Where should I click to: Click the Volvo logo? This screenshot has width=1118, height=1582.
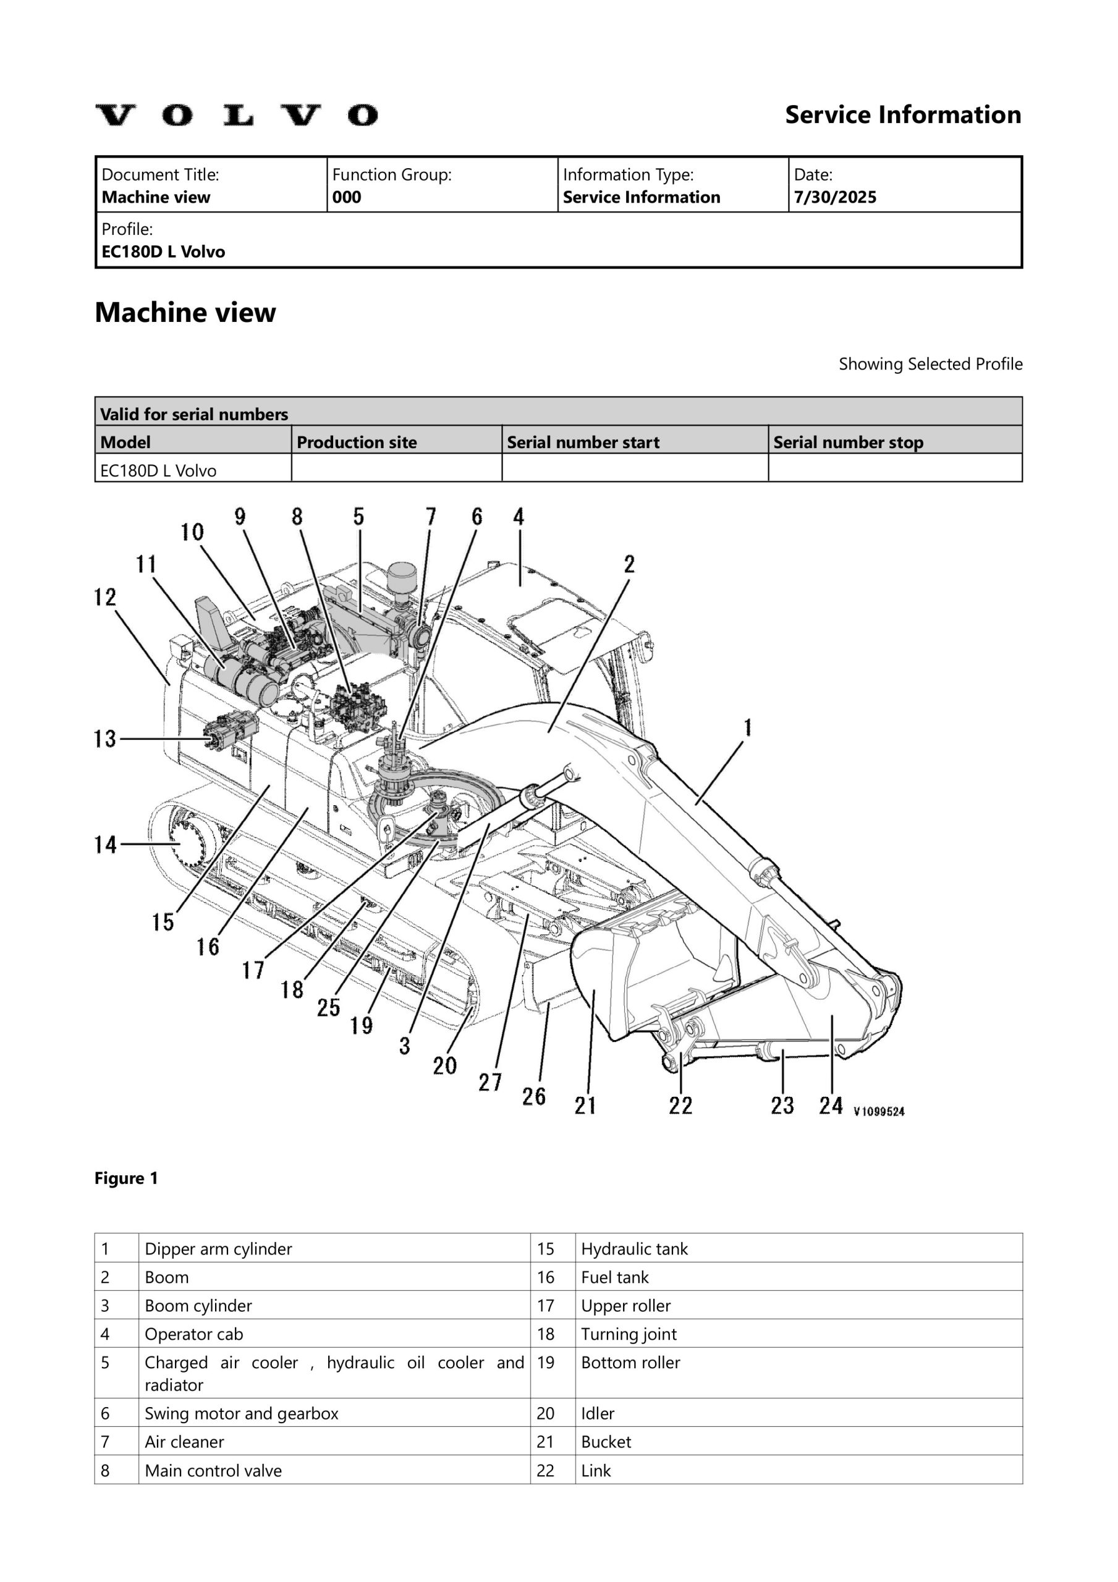pos(237,115)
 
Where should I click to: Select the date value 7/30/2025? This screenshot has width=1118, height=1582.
pos(835,198)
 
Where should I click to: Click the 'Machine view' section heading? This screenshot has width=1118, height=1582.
pos(185,313)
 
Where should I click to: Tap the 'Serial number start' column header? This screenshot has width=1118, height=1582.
pos(583,442)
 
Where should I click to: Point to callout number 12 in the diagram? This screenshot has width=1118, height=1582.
pos(105,598)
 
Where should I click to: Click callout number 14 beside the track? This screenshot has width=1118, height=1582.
pos(106,844)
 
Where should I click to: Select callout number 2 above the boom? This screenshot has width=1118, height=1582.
pos(629,565)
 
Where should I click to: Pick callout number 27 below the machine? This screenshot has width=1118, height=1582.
pos(490,1082)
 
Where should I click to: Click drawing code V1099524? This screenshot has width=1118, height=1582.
pos(879,1110)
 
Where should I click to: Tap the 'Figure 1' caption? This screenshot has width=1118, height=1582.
pos(126,1178)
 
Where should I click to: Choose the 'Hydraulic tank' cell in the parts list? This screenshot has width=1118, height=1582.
pos(634,1248)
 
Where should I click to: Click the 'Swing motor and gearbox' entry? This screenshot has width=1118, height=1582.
pos(241,1413)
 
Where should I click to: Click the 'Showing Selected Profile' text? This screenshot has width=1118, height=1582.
pos(930,364)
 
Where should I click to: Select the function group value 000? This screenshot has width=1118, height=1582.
pos(347,198)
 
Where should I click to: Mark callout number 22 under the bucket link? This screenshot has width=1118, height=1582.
pos(680,1106)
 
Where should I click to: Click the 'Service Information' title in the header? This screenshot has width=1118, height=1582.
pos(903,114)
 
